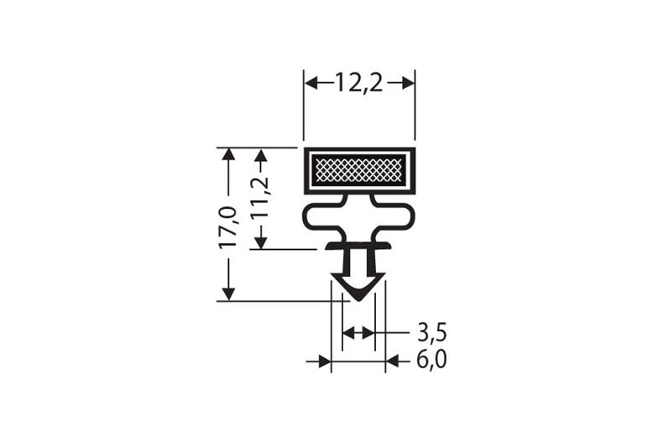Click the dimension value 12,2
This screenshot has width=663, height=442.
pos(358,82)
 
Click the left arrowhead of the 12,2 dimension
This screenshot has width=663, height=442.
pos(311,82)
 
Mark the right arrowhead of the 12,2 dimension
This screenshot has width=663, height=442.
pos(408,82)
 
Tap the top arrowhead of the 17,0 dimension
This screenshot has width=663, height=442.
pos(227,155)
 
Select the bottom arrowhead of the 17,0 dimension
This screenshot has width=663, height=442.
pos(227,293)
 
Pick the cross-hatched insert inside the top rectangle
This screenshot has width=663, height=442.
pos(358,171)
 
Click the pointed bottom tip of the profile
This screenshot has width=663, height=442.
pos(358,298)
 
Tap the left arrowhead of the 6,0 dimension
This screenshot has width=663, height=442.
pos(324,361)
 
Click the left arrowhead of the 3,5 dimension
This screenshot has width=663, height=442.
pos(348,333)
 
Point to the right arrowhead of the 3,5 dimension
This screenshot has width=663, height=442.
pos(368,333)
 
